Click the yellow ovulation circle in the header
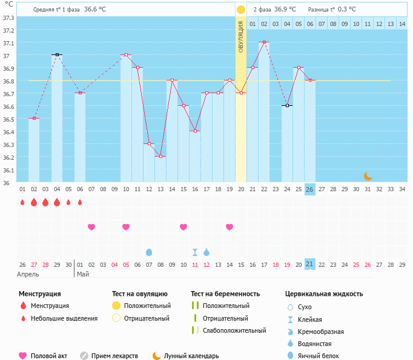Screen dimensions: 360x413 pyautogui.click(x=241, y=10)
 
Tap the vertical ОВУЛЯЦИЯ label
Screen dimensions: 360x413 pyautogui.click(x=241, y=37)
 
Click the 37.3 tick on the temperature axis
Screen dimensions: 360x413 pyautogui.click(x=8, y=18)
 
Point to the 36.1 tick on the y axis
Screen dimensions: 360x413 pyautogui.click(x=8, y=170)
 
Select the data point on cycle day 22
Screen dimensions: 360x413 pyautogui.click(x=264, y=42)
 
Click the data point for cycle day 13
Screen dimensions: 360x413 pyautogui.click(x=160, y=157)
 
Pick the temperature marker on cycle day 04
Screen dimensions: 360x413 pyautogui.click(x=57, y=54)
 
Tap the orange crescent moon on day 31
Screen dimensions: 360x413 pyautogui.click(x=368, y=176)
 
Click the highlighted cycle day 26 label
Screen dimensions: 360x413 pyautogui.click(x=309, y=189)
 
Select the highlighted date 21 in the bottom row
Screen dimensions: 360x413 pyautogui.click(x=309, y=264)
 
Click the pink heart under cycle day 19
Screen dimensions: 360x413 pyautogui.click(x=230, y=227)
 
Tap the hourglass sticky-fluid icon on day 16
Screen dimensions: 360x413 pyautogui.click(x=195, y=252)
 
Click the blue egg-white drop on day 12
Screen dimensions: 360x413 pyautogui.click(x=149, y=252)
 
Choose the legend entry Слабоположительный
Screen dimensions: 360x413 pyautogui.click(x=234, y=330)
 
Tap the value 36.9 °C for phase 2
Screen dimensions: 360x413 pyautogui.click(x=285, y=9)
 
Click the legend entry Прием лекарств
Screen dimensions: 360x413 pyautogui.click(x=114, y=356)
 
